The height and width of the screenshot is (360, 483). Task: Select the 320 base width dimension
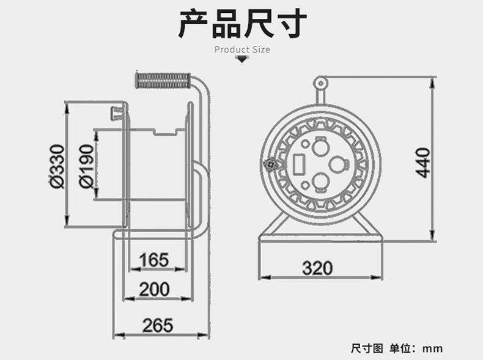[x=317, y=268]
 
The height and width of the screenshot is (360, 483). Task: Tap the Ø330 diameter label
[x=56, y=166]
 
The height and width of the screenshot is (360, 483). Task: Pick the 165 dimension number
[x=153, y=260]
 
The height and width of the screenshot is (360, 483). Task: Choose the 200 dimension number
[x=154, y=289]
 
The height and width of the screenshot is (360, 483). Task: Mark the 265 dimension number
[x=158, y=325]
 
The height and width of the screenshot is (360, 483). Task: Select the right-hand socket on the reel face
[x=337, y=164]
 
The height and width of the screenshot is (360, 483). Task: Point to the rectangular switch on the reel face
[x=300, y=164]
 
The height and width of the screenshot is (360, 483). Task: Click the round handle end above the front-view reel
[x=320, y=82]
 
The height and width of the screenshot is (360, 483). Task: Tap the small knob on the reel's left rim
[x=269, y=164]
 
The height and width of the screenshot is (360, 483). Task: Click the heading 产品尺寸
[x=242, y=24]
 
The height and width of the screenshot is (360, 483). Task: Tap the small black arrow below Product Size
[x=242, y=60]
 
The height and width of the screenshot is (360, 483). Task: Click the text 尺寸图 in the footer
[x=367, y=348]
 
